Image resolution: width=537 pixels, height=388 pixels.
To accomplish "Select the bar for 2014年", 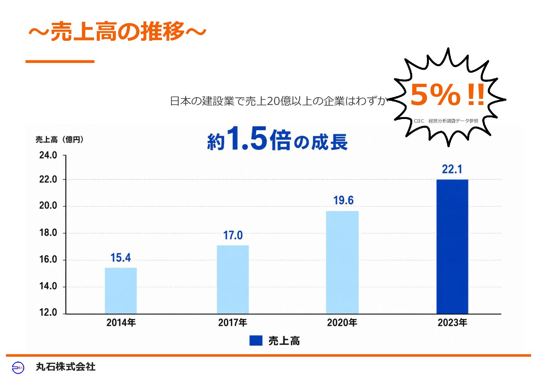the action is pyautogui.click(x=121, y=291).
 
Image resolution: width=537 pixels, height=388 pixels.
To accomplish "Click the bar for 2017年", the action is pyautogui.click(x=233, y=279).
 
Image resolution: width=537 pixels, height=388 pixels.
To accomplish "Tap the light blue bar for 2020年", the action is pyautogui.click(x=342, y=262).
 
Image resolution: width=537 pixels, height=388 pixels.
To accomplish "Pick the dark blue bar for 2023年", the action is pyautogui.click(x=452, y=246).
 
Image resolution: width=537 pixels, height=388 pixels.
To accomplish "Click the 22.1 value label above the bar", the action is pyautogui.click(x=452, y=169).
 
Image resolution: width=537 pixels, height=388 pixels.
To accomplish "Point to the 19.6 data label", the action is pyautogui.click(x=343, y=200).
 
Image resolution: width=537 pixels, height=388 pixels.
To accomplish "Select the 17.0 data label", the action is pyautogui.click(x=233, y=235).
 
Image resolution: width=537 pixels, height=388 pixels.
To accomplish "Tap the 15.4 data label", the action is pyautogui.click(x=121, y=258).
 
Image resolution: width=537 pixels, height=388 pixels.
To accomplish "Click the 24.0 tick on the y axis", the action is pyautogui.click(x=48, y=155).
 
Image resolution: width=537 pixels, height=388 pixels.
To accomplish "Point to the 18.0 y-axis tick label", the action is pyautogui.click(x=48, y=233).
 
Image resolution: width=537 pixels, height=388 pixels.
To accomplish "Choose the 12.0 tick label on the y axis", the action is pyautogui.click(x=48, y=312).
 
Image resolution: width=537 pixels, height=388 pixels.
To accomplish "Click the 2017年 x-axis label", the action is pyautogui.click(x=233, y=323).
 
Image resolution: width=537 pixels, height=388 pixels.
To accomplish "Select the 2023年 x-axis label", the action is pyautogui.click(x=452, y=323).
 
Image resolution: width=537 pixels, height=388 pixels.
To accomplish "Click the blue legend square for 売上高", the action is pyautogui.click(x=256, y=340).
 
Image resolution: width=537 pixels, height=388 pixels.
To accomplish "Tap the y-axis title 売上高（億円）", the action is pyautogui.click(x=60, y=140).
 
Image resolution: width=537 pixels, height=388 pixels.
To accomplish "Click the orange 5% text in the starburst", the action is pyautogui.click(x=435, y=95).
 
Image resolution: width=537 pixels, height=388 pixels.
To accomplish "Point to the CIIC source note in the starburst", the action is pyautogui.click(x=446, y=121).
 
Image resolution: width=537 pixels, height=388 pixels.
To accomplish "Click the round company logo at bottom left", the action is pyautogui.click(x=18, y=367).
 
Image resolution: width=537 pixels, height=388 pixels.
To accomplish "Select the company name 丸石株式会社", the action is pyautogui.click(x=65, y=367).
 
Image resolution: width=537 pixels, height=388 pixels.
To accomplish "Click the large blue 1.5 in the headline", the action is pyautogui.click(x=247, y=138).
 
